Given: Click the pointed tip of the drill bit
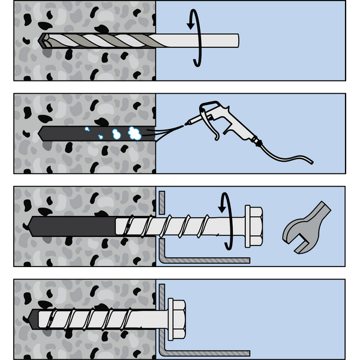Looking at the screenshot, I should point(40,40).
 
